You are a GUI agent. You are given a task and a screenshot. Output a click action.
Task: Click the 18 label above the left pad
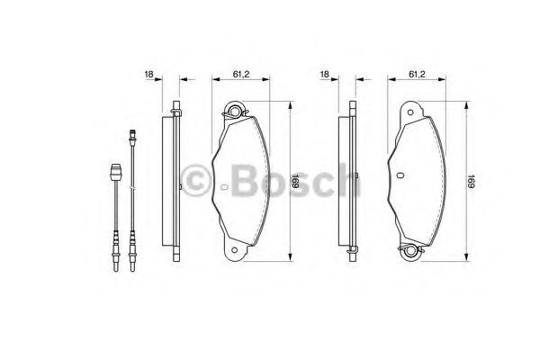pos(148,76)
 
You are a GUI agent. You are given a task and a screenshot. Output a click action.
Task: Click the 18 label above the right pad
pos(325,76)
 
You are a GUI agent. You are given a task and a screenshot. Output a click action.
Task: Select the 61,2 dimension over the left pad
pos(240,76)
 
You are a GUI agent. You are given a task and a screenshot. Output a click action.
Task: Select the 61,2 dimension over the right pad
pos(417,76)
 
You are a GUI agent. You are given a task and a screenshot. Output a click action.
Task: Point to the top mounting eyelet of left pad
pos(238,112)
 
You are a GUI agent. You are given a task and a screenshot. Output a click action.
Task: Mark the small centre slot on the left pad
pos(222,188)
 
